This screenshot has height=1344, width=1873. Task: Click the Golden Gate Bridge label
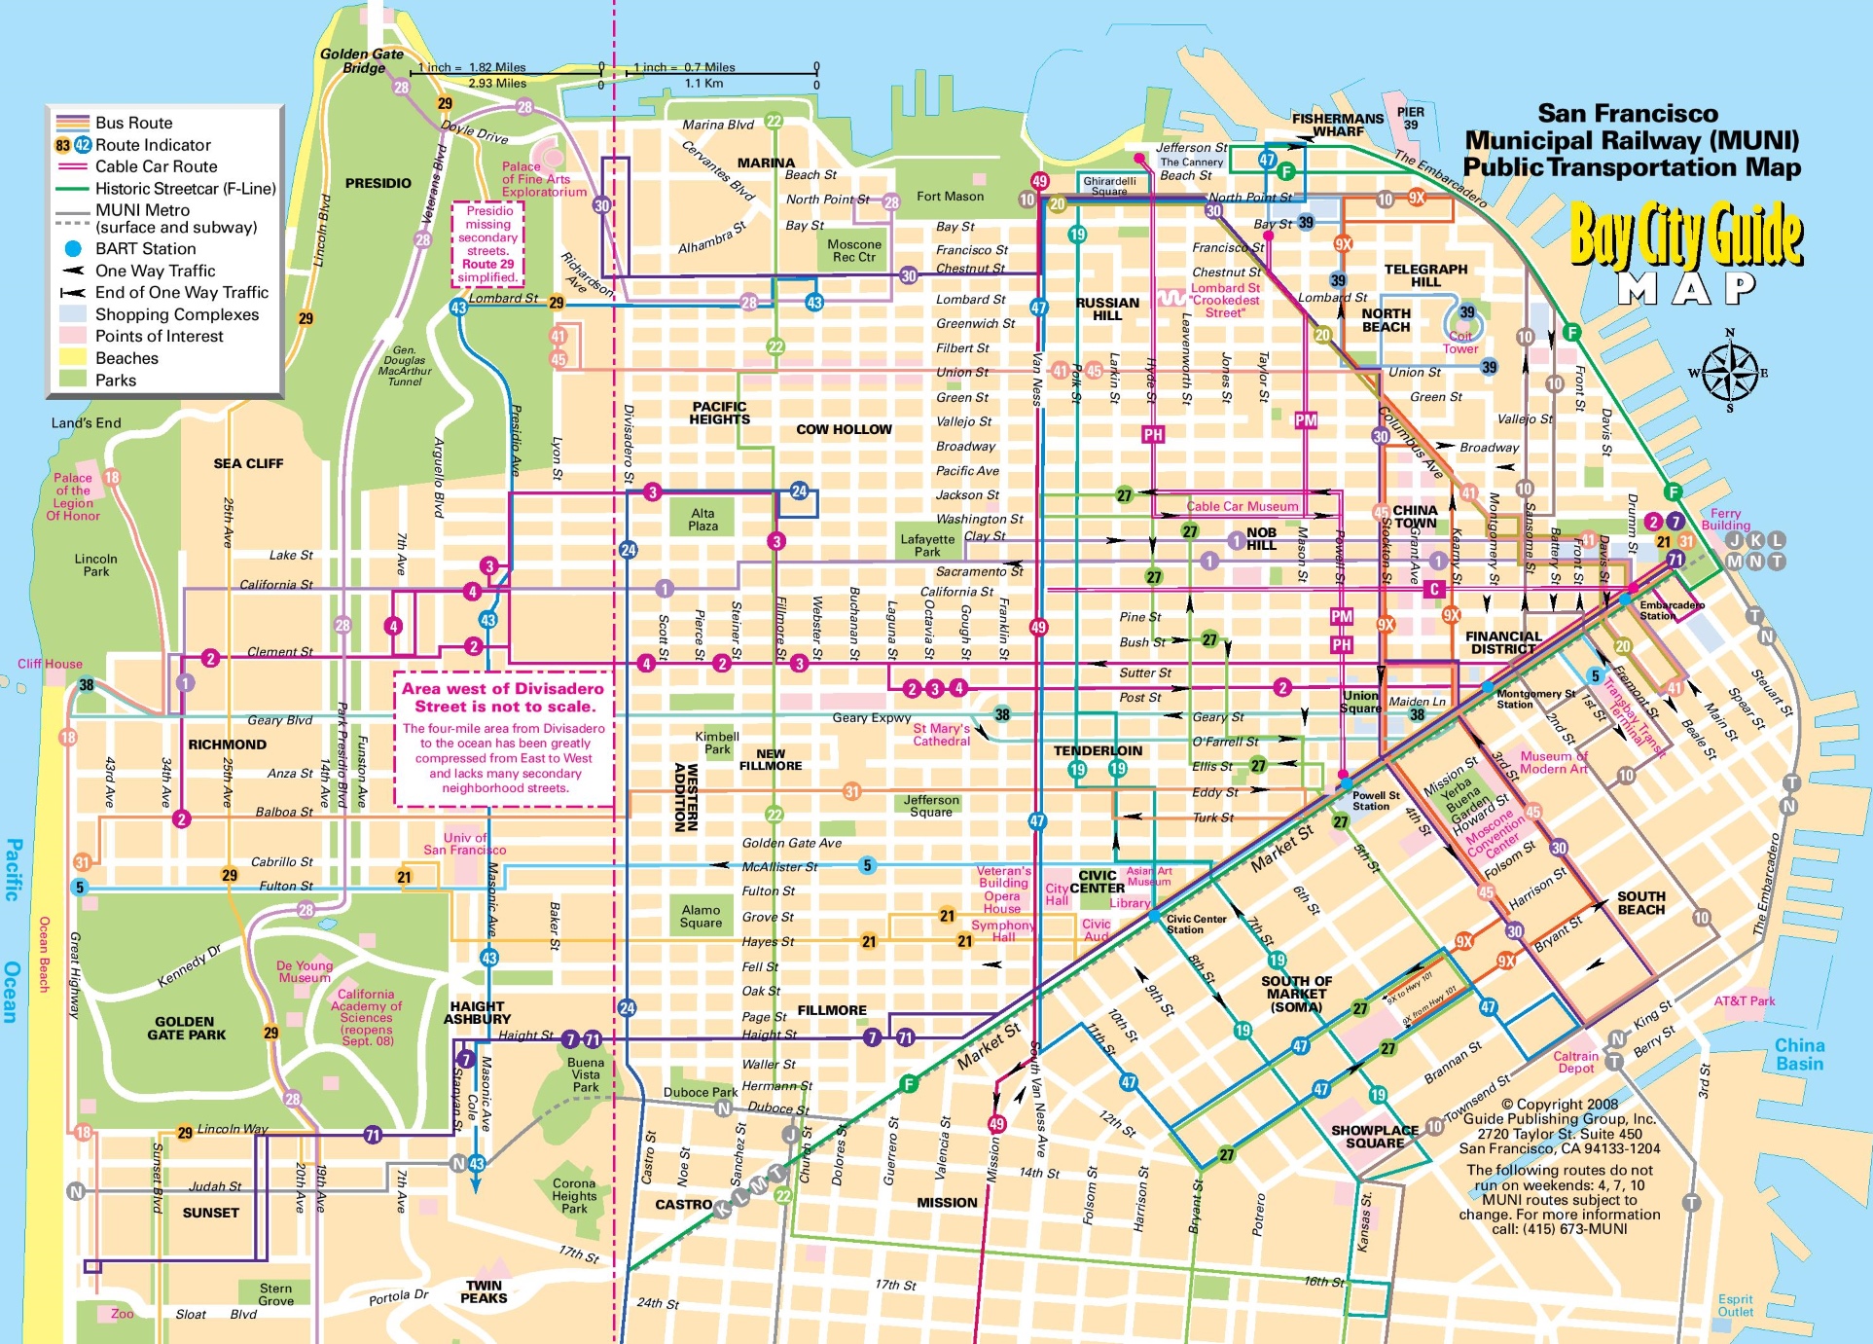tap(362, 60)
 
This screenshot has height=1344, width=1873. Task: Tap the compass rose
tap(1730, 372)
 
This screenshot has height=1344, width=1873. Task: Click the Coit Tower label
tap(1459, 343)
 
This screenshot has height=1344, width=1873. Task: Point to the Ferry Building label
tap(1725, 519)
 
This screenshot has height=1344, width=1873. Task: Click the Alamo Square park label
tap(701, 917)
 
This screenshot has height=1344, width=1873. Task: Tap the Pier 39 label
tap(1410, 118)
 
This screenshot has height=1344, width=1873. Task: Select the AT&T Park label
tap(1744, 1000)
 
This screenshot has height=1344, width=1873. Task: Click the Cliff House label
tap(50, 664)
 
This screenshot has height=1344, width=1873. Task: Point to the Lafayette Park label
tap(927, 545)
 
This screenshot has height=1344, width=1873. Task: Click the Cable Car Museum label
tap(1242, 506)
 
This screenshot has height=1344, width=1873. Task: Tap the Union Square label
tap(1360, 702)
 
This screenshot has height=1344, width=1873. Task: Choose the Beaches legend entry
tap(126, 358)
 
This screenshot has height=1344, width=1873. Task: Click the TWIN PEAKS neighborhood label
tap(484, 1291)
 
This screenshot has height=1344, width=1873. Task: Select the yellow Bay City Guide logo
tap(1685, 235)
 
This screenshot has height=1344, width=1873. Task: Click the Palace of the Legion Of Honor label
tap(73, 496)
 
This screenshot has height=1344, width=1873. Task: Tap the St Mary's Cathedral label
tap(941, 735)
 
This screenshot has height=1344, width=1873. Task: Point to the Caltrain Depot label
tap(1575, 1062)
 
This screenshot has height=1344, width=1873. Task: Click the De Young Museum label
tap(305, 971)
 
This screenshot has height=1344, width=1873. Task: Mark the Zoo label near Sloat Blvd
tap(122, 1314)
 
